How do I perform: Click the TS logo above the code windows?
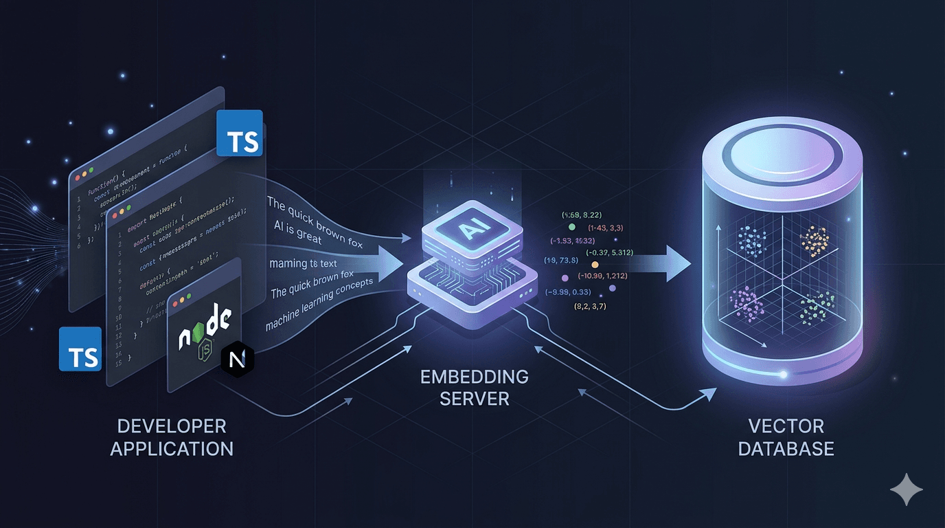[x=239, y=133]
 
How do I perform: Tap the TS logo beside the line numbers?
[x=80, y=349]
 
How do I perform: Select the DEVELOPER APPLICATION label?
[x=172, y=437]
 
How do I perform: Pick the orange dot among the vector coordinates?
[x=595, y=265]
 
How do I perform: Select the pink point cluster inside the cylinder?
[x=746, y=303]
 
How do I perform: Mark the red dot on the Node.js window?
[x=181, y=302]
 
